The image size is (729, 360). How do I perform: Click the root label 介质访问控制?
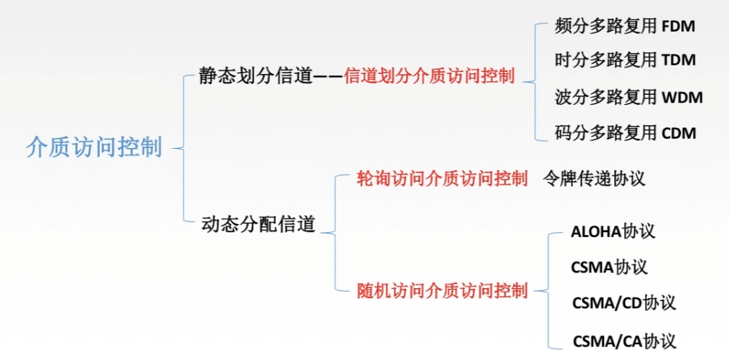pyautogui.click(x=94, y=147)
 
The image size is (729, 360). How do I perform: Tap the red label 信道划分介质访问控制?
pyautogui.click(x=429, y=76)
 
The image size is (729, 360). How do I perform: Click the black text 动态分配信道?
pyautogui.click(x=258, y=224)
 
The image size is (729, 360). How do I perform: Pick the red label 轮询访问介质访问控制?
pyautogui.click(x=442, y=179)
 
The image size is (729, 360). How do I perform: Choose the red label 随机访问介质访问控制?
pyautogui.click(x=442, y=291)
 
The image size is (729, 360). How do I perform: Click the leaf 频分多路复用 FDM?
pyautogui.click(x=625, y=27)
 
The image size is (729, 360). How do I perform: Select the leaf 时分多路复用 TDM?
pyautogui.click(x=625, y=60)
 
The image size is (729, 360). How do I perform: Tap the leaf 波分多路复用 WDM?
pyautogui.click(x=628, y=96)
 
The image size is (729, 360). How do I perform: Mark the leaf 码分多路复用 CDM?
pyautogui.click(x=625, y=132)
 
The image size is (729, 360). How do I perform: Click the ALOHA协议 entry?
pyautogui.click(x=613, y=232)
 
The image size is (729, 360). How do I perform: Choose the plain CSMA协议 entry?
pyautogui.click(x=609, y=267)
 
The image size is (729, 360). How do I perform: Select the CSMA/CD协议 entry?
pyautogui.click(x=623, y=303)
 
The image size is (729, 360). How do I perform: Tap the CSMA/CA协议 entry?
pyautogui.click(x=623, y=339)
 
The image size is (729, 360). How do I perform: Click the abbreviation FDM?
pyautogui.click(x=678, y=27)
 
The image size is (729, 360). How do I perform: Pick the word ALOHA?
pyautogui.click(x=596, y=232)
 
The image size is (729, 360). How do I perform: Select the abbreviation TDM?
pyautogui.click(x=678, y=60)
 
